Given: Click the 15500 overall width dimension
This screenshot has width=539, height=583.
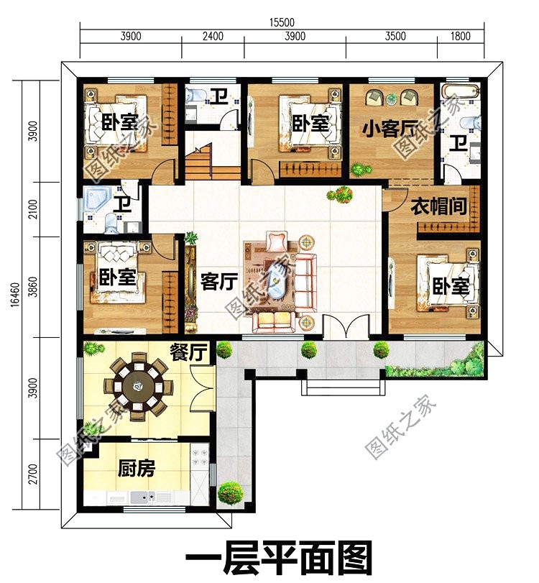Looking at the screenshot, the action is click(x=282, y=22).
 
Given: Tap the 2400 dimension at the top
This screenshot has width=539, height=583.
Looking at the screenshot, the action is click(x=213, y=36).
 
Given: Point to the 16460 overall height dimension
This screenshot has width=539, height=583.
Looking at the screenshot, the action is click(x=15, y=295).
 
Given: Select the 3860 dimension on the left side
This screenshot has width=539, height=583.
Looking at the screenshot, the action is click(x=33, y=287).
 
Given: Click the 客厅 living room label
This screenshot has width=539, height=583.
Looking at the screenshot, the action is click(x=219, y=282).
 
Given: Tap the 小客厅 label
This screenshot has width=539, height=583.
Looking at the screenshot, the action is click(x=390, y=128).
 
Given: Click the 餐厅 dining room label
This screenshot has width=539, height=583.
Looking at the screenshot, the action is click(x=188, y=352).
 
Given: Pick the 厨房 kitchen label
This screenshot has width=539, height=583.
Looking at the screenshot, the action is click(x=137, y=468).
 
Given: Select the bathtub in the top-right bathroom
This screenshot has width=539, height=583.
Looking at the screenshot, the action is click(x=460, y=91).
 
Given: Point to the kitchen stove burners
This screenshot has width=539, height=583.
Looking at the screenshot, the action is click(x=200, y=457).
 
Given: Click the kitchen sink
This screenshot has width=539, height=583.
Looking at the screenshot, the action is click(x=143, y=496).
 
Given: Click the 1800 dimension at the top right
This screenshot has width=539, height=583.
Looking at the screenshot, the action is click(x=461, y=36).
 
